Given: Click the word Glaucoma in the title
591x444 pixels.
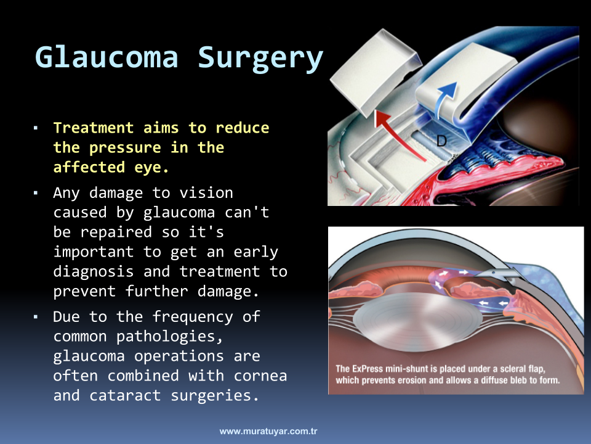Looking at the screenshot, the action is tap(107, 57).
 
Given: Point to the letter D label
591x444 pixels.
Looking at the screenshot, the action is tap(441, 141).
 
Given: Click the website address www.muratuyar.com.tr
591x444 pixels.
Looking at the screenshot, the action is tap(268, 431).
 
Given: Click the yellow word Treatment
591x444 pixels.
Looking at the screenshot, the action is tap(94, 128).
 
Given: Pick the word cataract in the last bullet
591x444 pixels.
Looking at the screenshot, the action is tap(125, 395).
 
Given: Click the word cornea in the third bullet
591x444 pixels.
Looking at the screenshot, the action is tap(260, 376).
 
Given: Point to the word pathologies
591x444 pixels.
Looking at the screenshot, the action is tap(170, 337).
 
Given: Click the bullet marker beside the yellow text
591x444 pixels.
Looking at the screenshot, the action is tap(36, 128).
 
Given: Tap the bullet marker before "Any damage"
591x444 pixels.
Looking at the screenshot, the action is tap(36, 193).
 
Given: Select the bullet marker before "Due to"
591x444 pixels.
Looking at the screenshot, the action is tap(36, 317).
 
